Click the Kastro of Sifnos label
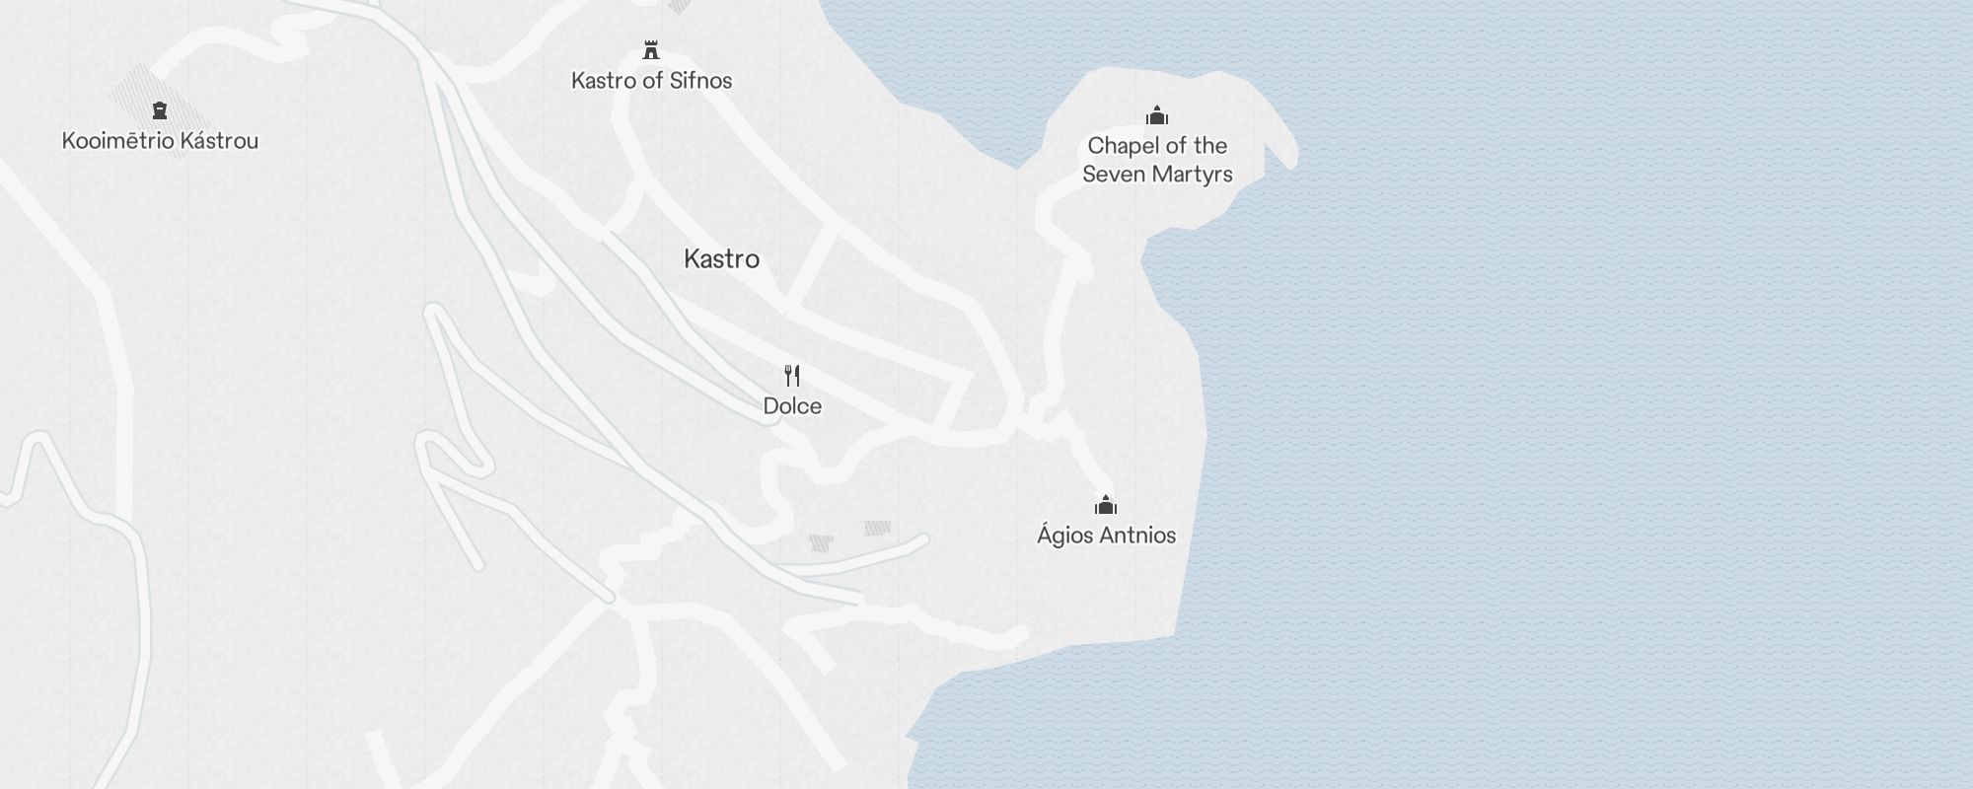tap(651, 81)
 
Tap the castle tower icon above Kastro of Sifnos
tap(650, 49)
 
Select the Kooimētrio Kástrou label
tap(160, 141)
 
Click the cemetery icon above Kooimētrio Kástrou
tap(160, 109)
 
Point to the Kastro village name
tap(721, 259)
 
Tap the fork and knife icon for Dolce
tap(792, 375)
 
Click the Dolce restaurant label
tap(792, 406)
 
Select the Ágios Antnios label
tap(1106, 536)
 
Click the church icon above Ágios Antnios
tap(1106, 506)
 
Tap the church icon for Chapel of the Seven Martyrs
tap(1157, 116)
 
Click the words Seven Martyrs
tap(1157, 175)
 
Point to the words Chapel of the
tap(1157, 146)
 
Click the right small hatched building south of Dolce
tap(877, 529)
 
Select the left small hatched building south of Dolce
tap(821, 542)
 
